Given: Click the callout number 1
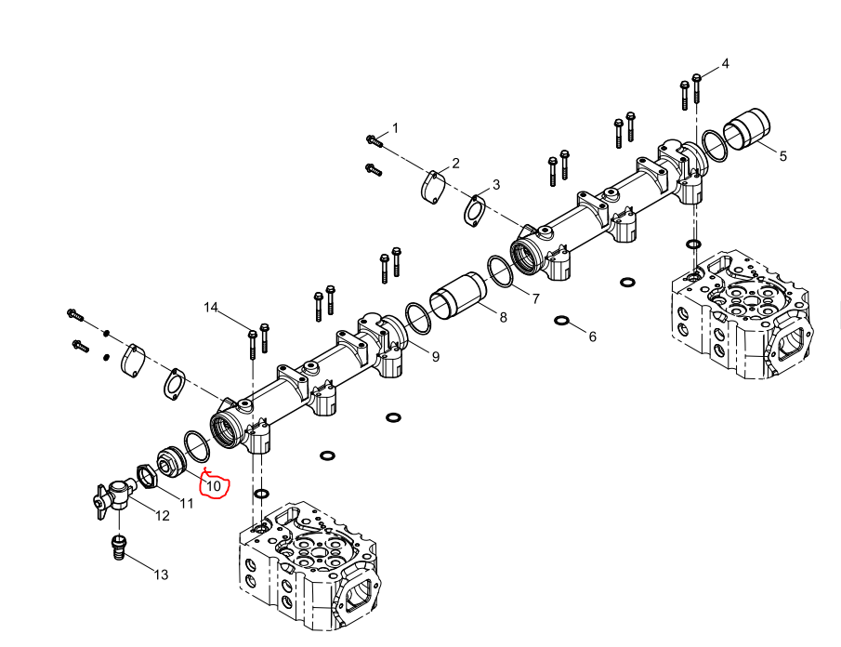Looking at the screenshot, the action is pyautogui.click(x=395, y=128).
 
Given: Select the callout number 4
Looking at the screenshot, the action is pyautogui.click(x=725, y=64).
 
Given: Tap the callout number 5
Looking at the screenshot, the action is pyautogui.click(x=783, y=156).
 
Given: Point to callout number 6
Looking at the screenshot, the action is pyautogui.click(x=592, y=337).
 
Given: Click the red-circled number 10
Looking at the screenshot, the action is pyautogui.click(x=214, y=486).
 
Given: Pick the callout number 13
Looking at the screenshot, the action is pyautogui.click(x=161, y=574).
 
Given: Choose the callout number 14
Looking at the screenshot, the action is pyautogui.click(x=211, y=308).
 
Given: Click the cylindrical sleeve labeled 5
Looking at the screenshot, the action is pyautogui.click(x=746, y=129).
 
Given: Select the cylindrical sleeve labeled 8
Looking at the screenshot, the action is pyautogui.click(x=458, y=297).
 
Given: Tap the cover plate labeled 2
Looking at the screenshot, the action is pyautogui.click(x=433, y=188).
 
